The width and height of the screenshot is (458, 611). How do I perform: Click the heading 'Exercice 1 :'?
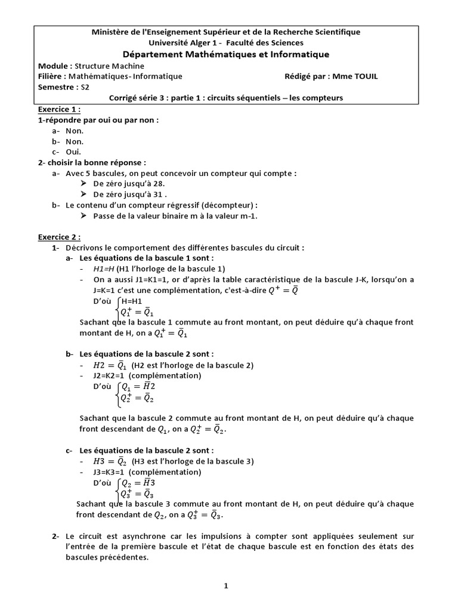click(x=59, y=110)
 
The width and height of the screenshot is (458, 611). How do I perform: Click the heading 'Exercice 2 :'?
click(x=59, y=236)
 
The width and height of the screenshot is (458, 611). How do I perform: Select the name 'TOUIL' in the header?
click(x=364, y=76)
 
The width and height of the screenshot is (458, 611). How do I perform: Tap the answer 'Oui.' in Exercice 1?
click(x=74, y=152)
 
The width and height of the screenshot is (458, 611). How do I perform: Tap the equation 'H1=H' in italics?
click(x=104, y=269)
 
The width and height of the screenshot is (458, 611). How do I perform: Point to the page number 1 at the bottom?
click(x=226, y=586)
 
